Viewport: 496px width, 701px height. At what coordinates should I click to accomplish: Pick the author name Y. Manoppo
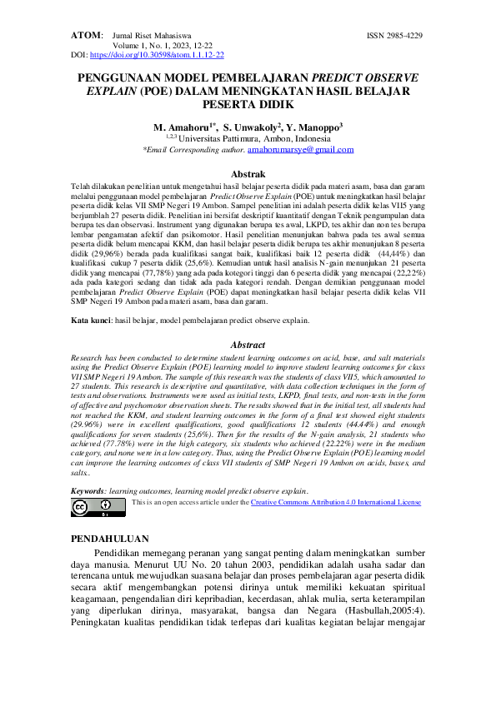pos(316,127)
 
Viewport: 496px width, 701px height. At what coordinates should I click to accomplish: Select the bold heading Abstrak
pos(248,173)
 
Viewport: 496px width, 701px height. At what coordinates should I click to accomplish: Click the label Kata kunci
pos(91,320)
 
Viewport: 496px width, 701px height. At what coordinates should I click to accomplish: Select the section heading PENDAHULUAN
pos(110,539)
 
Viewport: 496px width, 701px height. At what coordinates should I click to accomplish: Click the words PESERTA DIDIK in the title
pos(248,106)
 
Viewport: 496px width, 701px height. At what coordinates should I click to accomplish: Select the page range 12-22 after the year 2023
pos(189,45)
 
